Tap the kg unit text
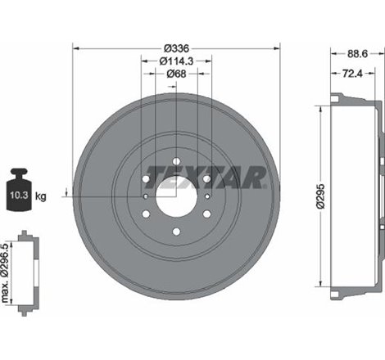(41, 196)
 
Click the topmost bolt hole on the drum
(176, 161)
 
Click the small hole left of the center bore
(146, 196)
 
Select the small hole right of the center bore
(206, 196)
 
